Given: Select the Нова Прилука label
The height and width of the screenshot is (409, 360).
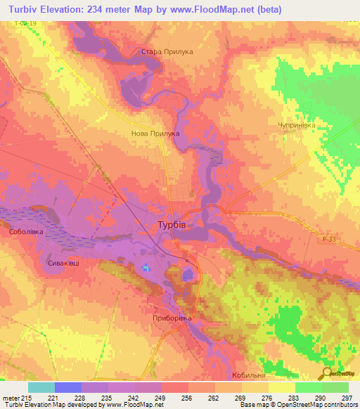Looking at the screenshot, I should click(155, 133).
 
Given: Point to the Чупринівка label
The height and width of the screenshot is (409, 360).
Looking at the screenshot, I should click(296, 124).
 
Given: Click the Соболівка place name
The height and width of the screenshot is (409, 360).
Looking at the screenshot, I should click(26, 231).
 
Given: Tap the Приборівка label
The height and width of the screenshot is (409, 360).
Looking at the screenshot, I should click(172, 318).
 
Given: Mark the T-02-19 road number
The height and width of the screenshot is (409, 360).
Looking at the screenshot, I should click(24, 23).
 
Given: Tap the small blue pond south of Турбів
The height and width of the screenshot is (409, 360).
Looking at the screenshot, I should click(146, 267).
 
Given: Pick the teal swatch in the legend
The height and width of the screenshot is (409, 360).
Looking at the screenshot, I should click(41, 387).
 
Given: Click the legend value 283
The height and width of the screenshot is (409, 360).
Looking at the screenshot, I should click(295, 397).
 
